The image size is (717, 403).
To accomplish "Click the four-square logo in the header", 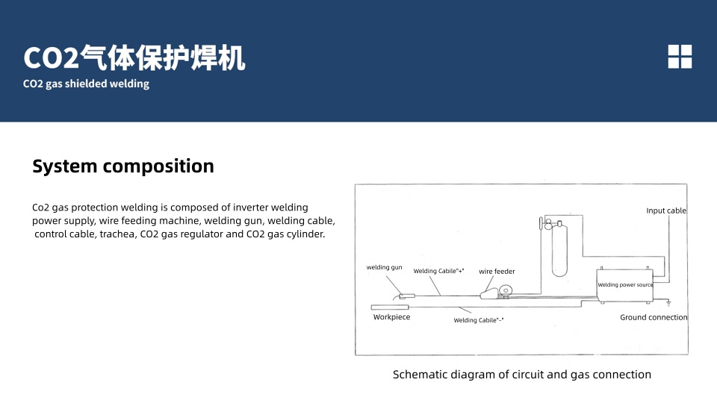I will click(680, 57).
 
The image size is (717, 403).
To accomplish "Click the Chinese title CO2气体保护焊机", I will click(134, 57).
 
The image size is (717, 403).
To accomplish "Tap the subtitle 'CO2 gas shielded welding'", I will click(87, 84).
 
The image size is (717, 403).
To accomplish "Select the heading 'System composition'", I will click(123, 166).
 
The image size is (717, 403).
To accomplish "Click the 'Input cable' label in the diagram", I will click(665, 211).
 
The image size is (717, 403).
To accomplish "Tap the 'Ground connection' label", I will click(654, 318).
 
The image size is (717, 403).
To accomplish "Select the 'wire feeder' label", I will click(497, 272).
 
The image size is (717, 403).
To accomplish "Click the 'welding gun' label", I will click(384, 267).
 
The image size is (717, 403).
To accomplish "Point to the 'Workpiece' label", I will click(391, 317).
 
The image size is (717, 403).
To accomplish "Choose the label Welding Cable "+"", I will click(438, 272).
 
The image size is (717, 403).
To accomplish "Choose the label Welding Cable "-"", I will click(479, 321).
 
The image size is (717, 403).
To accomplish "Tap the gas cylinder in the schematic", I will click(559, 250).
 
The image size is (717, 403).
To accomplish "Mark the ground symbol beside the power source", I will click(668, 303).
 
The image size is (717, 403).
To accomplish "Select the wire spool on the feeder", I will click(506, 290).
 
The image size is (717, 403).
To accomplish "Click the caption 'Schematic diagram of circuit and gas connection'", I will click(522, 375).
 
